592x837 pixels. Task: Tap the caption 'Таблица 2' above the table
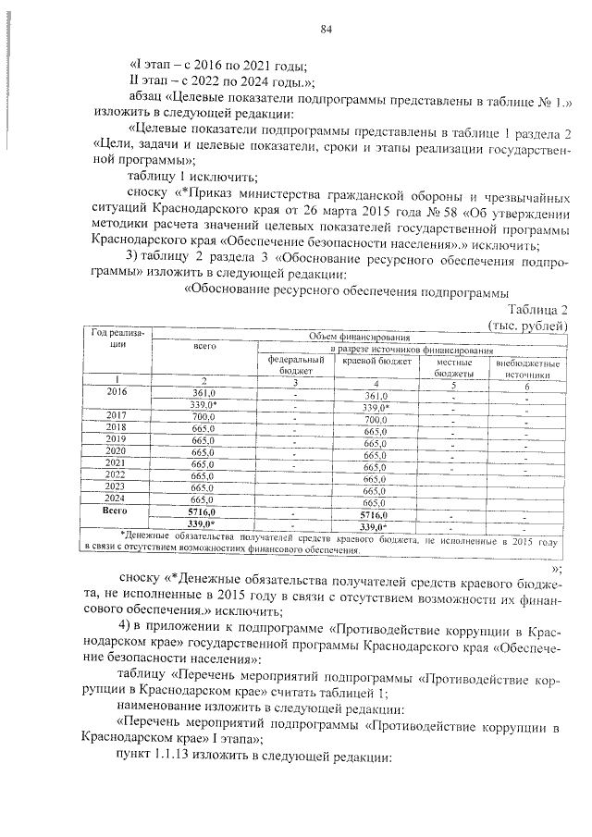pyautogui.click(x=535, y=310)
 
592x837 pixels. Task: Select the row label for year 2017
pyautogui.click(x=117, y=414)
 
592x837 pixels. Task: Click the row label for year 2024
pyautogui.click(x=117, y=499)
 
